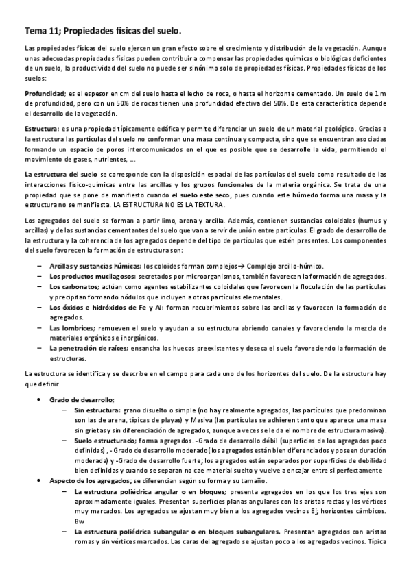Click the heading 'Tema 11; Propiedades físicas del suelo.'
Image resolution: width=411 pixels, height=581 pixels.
click(104, 31)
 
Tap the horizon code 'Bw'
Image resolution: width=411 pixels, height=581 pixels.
click(78, 521)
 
